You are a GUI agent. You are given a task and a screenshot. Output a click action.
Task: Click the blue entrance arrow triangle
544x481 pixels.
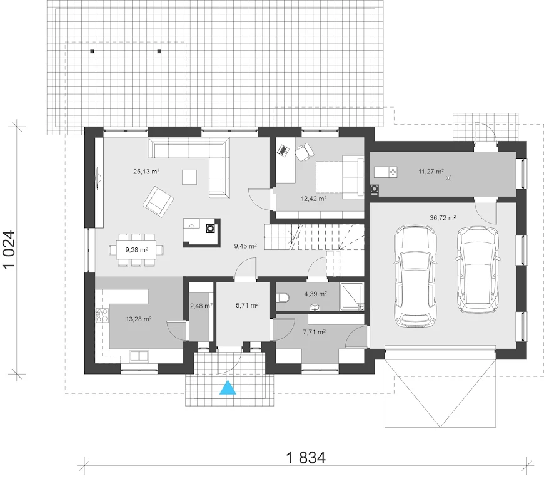(x=228, y=388)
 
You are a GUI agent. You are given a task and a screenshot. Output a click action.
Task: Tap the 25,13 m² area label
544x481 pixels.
(x=146, y=172)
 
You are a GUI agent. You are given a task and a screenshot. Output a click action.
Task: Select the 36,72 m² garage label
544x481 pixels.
(x=443, y=218)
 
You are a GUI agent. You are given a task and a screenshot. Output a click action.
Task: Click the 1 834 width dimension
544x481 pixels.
(x=306, y=458)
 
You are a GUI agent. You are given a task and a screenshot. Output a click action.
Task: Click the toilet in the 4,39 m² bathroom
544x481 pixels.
(x=283, y=298)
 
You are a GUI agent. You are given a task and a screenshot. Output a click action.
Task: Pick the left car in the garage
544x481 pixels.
(x=415, y=276)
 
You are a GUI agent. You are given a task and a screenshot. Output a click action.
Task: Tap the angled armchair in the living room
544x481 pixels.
(x=159, y=202)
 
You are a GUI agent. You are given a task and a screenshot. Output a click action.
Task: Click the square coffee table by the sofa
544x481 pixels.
(x=189, y=177)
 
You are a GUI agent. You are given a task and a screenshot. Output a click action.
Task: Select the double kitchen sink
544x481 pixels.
(x=139, y=356)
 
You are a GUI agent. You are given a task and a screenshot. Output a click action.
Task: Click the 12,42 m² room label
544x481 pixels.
(x=314, y=199)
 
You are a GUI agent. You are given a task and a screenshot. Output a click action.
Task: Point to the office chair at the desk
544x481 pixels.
(x=305, y=152)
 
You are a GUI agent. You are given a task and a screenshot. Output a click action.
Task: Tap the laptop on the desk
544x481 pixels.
(x=283, y=150)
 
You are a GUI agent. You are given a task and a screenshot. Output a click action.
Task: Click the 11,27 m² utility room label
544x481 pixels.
(x=431, y=172)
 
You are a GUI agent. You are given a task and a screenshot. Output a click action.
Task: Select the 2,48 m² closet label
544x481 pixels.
(x=201, y=306)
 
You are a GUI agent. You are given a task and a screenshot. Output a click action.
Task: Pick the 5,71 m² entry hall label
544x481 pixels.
(x=247, y=306)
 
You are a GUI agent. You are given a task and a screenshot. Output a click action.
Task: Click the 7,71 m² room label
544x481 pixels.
(x=314, y=332)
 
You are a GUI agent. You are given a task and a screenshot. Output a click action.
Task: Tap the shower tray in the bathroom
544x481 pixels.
(x=352, y=297)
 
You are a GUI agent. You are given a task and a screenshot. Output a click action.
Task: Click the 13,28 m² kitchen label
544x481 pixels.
(x=138, y=319)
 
